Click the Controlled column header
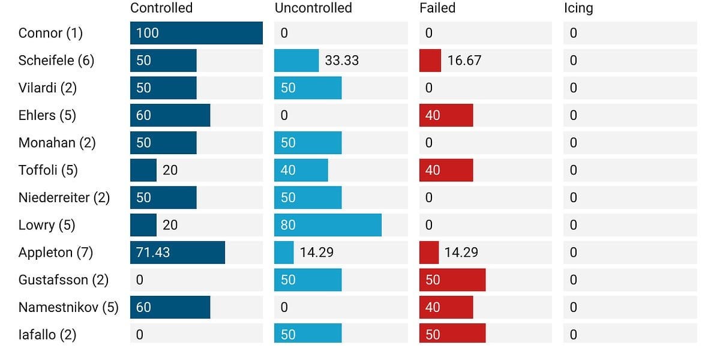click(161, 8)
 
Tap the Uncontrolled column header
click(313, 8)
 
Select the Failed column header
click(437, 8)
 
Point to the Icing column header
click(578, 8)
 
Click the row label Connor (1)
click(50, 33)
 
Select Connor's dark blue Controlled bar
click(196, 33)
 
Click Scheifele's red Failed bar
click(430, 61)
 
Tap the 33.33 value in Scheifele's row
click(341, 61)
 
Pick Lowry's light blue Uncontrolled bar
click(328, 225)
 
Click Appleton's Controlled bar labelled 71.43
click(178, 253)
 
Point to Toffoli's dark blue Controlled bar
click(143, 170)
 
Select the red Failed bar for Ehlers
click(446, 115)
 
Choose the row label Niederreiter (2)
click(64, 197)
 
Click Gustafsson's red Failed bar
click(452, 280)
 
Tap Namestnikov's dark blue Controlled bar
click(170, 307)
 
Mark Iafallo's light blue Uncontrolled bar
click(308, 334)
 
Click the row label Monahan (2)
click(57, 143)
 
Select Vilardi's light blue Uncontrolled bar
click(308, 88)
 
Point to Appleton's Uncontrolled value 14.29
click(317, 253)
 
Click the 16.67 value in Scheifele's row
click(464, 61)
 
